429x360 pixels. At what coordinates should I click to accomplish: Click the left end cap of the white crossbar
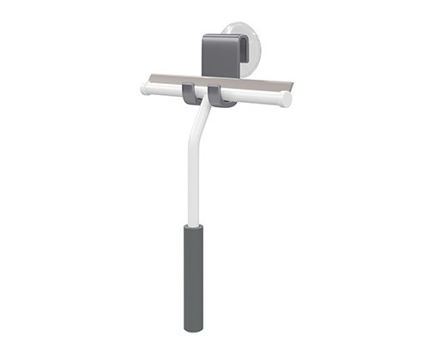(x=144, y=87)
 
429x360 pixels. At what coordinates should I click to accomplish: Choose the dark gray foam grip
(x=193, y=274)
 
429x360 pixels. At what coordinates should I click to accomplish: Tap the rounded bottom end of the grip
(x=193, y=327)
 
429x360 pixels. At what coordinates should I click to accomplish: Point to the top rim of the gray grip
(x=193, y=227)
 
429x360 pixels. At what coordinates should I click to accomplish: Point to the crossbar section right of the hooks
(x=257, y=97)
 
